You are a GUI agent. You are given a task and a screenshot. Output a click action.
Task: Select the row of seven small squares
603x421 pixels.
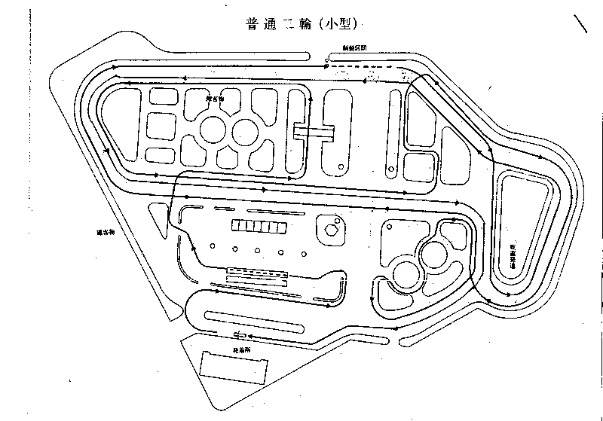[x=259, y=226]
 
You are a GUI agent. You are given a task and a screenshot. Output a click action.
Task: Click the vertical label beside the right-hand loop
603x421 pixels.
[x=513, y=256]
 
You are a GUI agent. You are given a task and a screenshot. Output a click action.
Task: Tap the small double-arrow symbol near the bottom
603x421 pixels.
[x=240, y=335]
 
